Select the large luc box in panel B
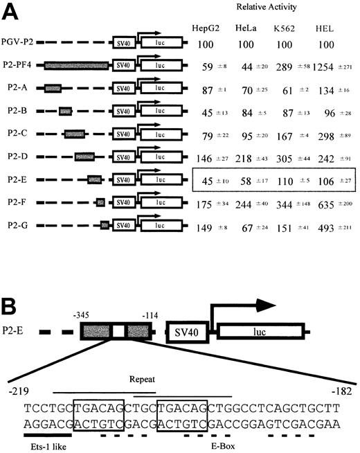point(253,333)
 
